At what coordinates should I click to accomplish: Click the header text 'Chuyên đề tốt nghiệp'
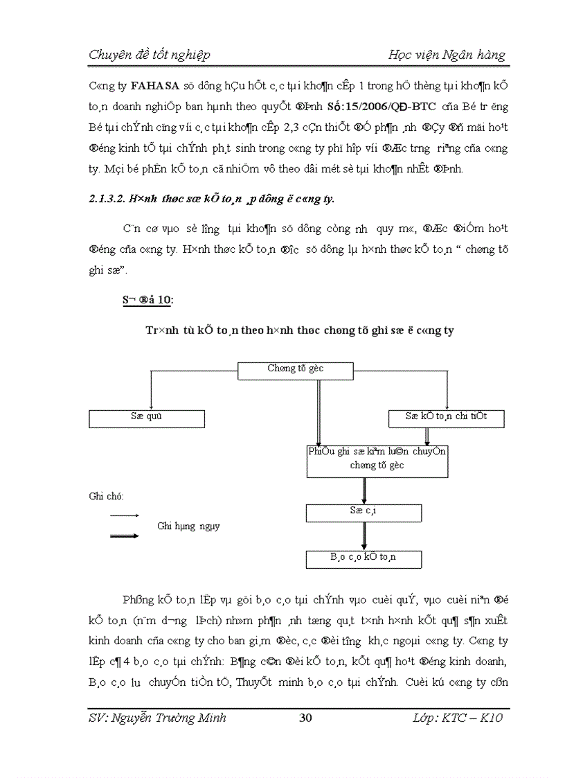150,55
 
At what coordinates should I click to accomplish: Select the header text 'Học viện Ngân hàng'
447,55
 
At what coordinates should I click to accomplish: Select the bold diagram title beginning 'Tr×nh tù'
299,330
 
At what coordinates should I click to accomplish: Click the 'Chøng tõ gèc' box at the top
296,370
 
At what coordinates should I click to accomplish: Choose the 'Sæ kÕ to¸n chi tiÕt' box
445,418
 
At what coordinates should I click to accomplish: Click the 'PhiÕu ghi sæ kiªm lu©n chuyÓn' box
377,460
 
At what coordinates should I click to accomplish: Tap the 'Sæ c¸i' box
363,512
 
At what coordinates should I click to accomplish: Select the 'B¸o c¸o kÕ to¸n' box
363,558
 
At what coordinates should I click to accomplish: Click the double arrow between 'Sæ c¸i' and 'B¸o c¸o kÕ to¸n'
364,536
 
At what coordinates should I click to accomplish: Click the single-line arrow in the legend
125,515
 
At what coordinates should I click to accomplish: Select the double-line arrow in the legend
125,535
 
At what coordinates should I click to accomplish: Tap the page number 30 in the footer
305,718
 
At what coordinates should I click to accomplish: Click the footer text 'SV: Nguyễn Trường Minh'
158,718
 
